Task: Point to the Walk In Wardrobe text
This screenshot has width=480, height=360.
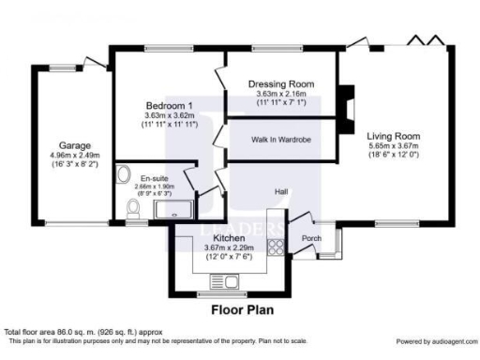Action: pyautogui.click(x=281, y=140)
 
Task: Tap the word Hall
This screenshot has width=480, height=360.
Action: pyautogui.click(x=280, y=191)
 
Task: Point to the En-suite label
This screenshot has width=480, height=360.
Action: pyautogui.click(x=154, y=177)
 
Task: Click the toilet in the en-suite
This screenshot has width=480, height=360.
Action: pyautogui.click(x=134, y=217)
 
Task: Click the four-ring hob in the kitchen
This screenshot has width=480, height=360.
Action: pyautogui.click(x=277, y=247)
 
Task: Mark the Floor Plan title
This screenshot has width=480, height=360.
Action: pyautogui.click(x=242, y=307)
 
